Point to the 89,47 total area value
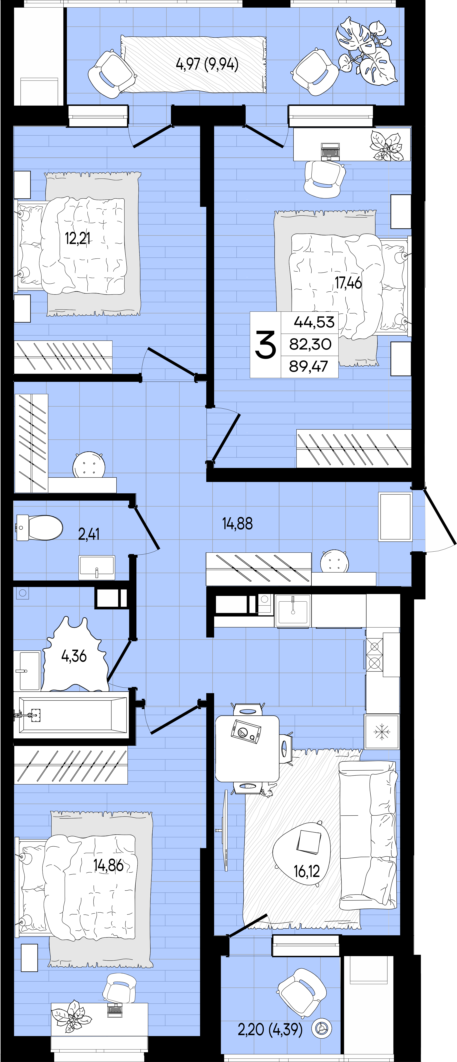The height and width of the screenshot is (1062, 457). click(309, 366)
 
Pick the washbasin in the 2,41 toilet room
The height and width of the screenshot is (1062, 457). click(97, 567)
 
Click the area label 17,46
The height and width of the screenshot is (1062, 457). click(348, 283)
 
